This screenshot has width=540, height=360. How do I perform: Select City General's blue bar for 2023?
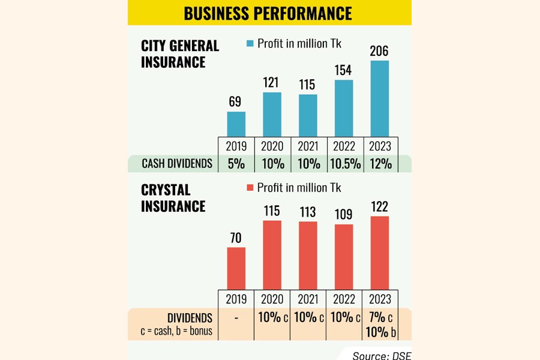pyautogui.click(x=380, y=98)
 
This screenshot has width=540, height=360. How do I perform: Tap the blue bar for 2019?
pyautogui.click(x=236, y=124)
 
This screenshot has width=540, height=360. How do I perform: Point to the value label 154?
pyautogui.click(x=344, y=70)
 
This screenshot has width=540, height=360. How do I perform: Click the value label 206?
pyautogui.click(x=380, y=51)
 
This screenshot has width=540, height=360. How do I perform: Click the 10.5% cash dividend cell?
pyautogui.click(x=344, y=163)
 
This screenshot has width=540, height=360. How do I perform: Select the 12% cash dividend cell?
pyautogui.click(x=380, y=163)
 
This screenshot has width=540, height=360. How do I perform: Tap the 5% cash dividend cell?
pyautogui.click(x=236, y=163)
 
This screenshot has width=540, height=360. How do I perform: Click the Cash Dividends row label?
pyautogui.click(x=173, y=163)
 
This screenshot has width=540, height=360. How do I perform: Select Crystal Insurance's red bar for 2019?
pyautogui.click(x=236, y=268)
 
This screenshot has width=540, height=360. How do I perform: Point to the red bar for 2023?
pyautogui.click(x=380, y=253)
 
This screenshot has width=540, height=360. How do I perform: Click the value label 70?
pyautogui.click(x=236, y=238)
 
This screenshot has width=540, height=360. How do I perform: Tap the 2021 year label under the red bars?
pyautogui.click(x=308, y=299)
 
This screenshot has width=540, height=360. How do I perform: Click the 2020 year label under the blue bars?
pyautogui.click(x=272, y=146)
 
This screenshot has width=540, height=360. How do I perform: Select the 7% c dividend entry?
pyautogui.click(x=380, y=317)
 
